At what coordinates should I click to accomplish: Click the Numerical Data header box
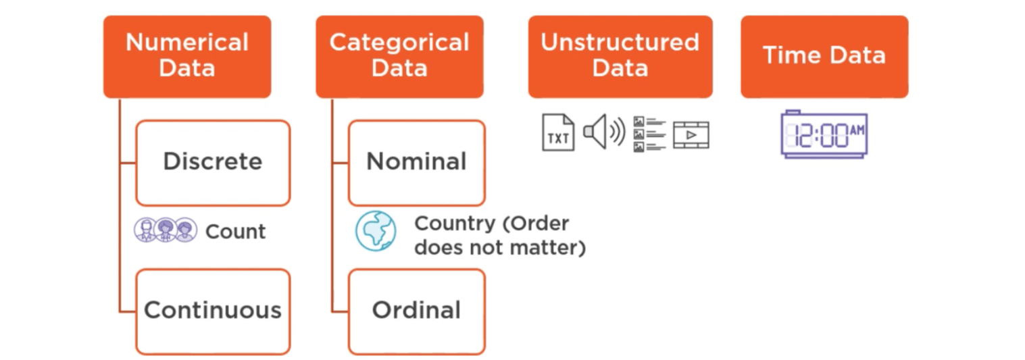pyautogui.click(x=187, y=56)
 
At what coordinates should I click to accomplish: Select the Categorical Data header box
pyautogui.click(x=399, y=56)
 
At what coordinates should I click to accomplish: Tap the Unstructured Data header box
pyautogui.click(x=620, y=56)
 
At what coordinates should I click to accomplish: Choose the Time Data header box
pyautogui.click(x=824, y=56)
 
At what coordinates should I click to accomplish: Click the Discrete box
pyautogui.click(x=213, y=162)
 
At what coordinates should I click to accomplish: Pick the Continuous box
pyautogui.click(x=213, y=311)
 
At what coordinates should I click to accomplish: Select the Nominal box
pyautogui.click(x=416, y=162)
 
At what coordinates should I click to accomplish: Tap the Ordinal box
pyautogui.click(x=416, y=311)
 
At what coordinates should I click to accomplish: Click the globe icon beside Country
pyautogui.click(x=376, y=231)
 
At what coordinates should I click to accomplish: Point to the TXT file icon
pyautogui.click(x=558, y=132)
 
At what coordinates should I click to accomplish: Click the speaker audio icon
pyautogui.click(x=603, y=132)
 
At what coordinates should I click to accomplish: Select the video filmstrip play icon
pyautogui.click(x=691, y=134)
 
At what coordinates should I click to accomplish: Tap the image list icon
pyautogui.click(x=649, y=134)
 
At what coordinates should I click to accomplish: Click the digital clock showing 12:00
pyautogui.click(x=824, y=135)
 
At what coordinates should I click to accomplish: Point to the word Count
pyautogui.click(x=235, y=232)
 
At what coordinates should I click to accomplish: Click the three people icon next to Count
pyautogui.click(x=166, y=230)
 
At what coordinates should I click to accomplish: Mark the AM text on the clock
pyautogui.click(x=856, y=129)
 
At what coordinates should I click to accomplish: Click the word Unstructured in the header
pyautogui.click(x=620, y=43)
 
